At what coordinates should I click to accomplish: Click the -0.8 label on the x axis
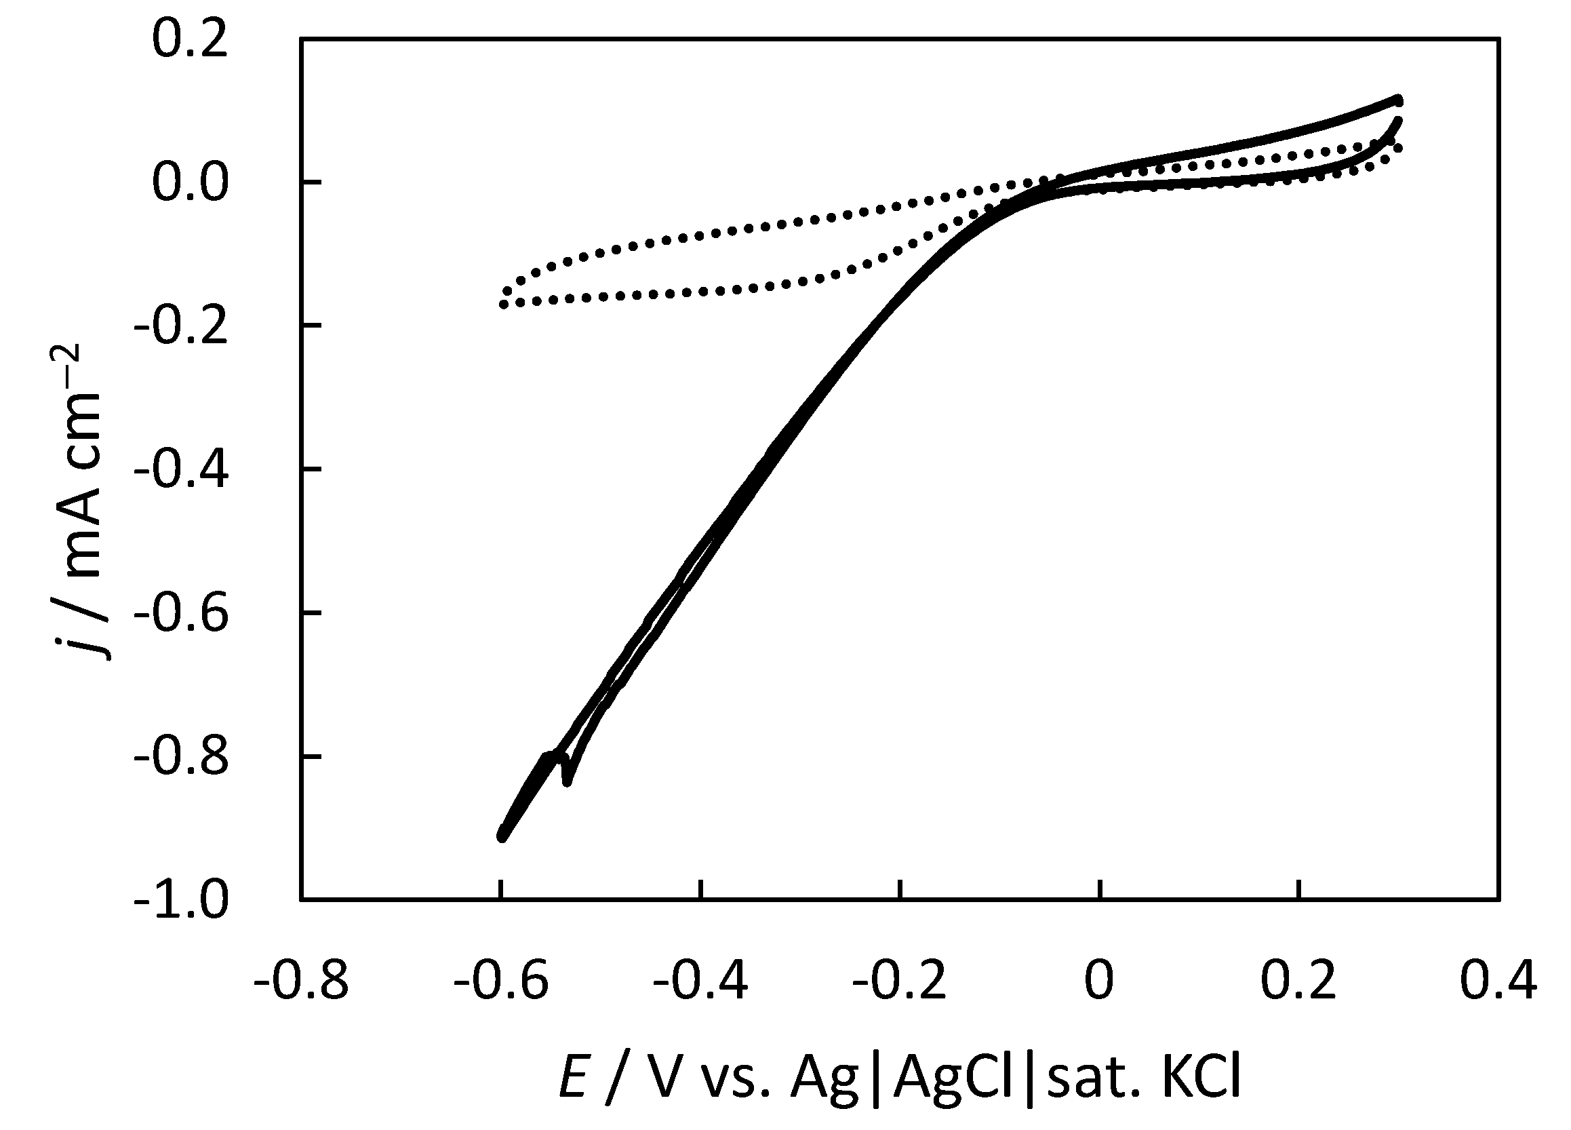coord(300,981)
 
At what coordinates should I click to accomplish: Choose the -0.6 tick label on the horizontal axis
coord(501,981)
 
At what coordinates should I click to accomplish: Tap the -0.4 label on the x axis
coord(700,981)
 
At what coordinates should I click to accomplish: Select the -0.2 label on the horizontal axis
coord(899,981)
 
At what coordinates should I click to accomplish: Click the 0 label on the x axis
coord(1099,981)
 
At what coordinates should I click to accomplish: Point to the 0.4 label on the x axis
coord(1498,981)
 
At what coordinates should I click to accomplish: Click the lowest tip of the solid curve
coord(502,838)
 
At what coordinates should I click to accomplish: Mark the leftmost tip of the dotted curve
coord(504,304)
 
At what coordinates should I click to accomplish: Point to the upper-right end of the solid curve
coord(1398,100)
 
